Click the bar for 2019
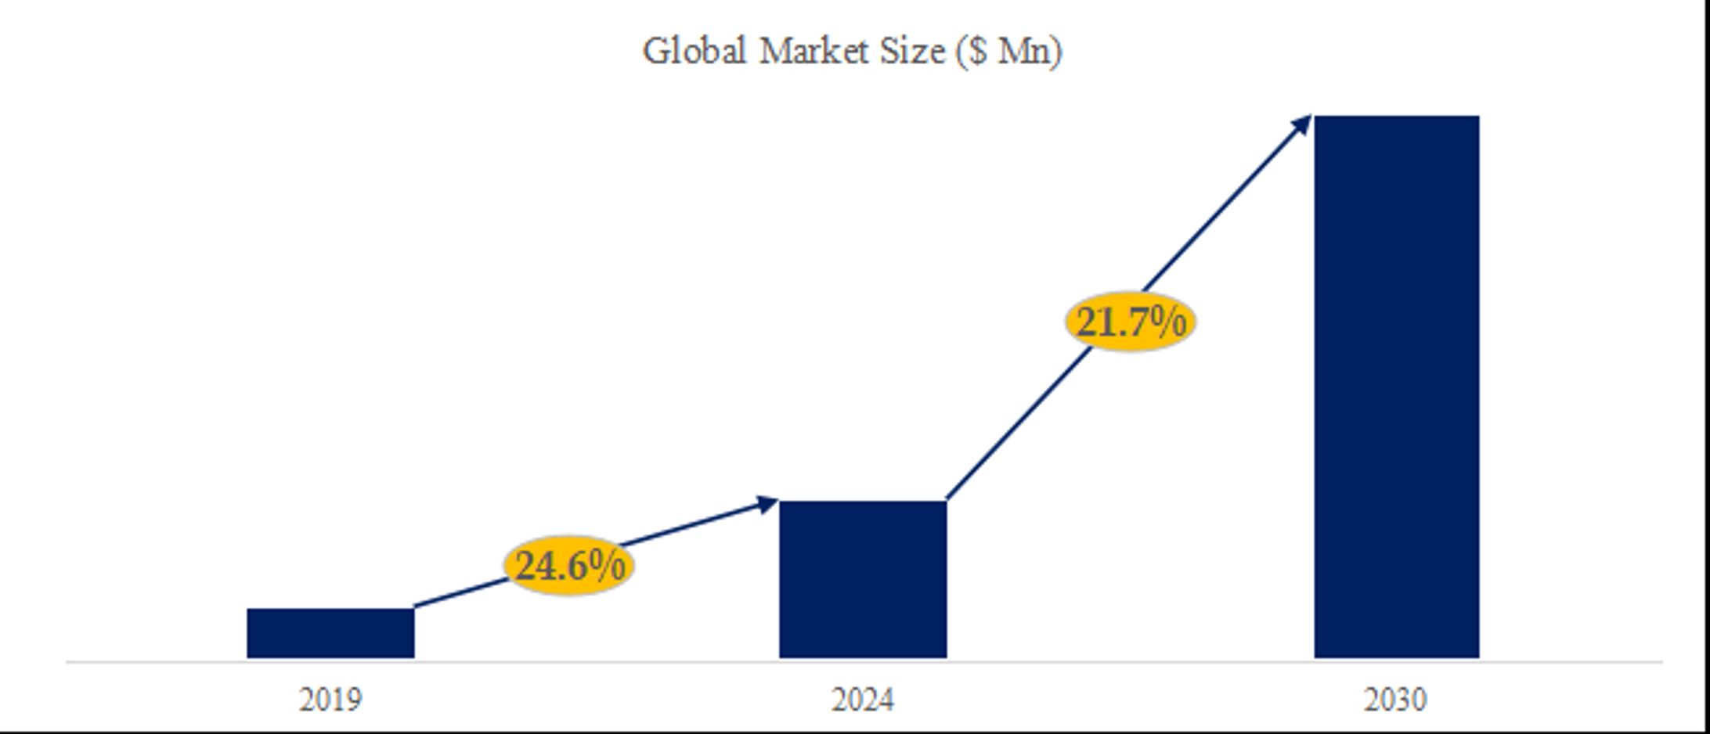[330, 633]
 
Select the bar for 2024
[863, 579]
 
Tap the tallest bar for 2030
[1396, 387]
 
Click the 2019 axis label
[330, 699]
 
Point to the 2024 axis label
[863, 699]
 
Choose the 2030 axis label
[1395, 699]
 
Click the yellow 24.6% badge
[569, 565]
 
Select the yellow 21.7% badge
[1130, 322]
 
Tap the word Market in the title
[814, 52]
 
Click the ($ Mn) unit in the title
[1008, 52]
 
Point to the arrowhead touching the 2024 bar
[767, 504]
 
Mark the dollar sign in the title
[976, 52]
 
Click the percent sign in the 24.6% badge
[608, 565]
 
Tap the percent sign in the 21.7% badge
[1168, 322]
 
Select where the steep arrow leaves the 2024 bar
[948, 497]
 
